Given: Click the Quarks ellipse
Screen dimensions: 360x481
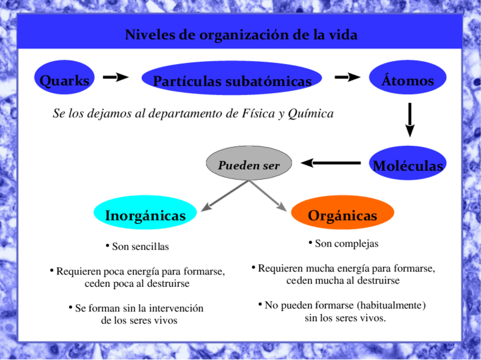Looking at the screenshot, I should point(64,81).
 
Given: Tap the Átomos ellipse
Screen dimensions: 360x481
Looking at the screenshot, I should point(408,81).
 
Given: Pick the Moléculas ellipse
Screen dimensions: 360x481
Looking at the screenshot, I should point(408,165).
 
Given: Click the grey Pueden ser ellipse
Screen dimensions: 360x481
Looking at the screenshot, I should point(249,165).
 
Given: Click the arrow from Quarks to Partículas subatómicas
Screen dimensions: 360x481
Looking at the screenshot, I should point(116,77).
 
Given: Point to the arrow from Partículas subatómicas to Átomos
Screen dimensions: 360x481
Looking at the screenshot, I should point(348,77).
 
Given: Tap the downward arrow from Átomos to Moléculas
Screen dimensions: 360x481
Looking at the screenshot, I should point(410,120).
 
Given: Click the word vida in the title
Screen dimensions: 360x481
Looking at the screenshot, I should point(342,35).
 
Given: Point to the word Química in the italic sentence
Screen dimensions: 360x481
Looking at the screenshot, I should point(310,114).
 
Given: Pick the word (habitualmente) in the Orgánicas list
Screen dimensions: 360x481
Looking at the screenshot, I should point(386,306).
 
